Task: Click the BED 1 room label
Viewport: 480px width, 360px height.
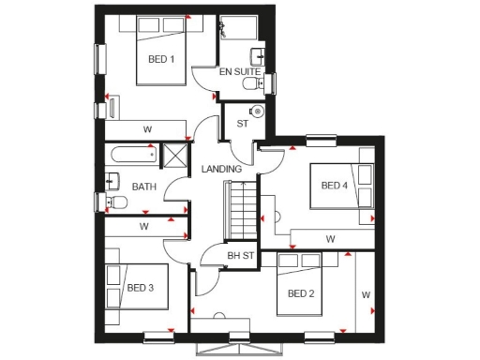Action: click(161, 59)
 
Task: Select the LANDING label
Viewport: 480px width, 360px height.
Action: click(222, 169)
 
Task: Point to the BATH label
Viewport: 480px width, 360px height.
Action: click(143, 187)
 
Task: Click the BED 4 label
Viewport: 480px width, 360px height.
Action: click(335, 186)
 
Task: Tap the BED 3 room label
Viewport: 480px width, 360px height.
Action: click(141, 288)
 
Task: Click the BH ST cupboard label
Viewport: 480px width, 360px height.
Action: click(241, 255)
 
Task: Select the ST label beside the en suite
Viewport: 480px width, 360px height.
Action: click(241, 123)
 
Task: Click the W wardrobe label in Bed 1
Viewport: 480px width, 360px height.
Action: click(148, 128)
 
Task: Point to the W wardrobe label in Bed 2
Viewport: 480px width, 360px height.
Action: click(366, 296)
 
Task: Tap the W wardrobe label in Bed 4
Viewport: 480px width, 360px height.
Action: click(331, 239)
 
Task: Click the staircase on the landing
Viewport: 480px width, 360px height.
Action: click(241, 209)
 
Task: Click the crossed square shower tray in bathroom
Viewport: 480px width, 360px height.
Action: click(175, 156)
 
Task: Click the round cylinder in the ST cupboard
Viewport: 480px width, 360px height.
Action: click(258, 112)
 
